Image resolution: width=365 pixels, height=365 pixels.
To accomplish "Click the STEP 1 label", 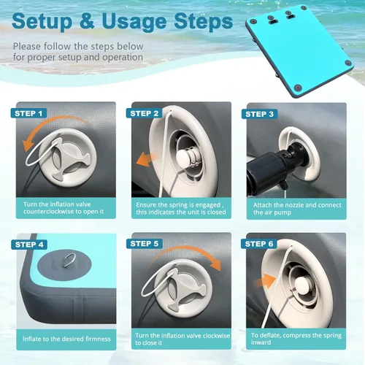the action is [28, 113].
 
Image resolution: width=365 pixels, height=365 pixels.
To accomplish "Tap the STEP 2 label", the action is [144, 113].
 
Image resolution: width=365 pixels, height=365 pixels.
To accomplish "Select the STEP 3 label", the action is [259, 114].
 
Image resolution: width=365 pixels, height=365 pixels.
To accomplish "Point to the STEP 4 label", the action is [29, 245].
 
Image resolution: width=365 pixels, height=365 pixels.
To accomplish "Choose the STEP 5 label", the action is [145, 244].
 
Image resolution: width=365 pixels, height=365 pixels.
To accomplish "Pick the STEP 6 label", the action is [259, 244].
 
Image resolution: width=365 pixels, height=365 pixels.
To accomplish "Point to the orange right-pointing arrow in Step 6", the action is [265, 281].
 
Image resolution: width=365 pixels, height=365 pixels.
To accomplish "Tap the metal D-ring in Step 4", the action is [70, 261].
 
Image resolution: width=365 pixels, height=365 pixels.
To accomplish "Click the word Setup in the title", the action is [42, 21].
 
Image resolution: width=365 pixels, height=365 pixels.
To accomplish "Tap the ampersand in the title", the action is [87, 20].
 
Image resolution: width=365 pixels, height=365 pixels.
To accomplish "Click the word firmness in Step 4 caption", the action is [97, 339].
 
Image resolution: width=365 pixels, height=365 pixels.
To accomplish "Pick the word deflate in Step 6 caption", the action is [270, 335].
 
